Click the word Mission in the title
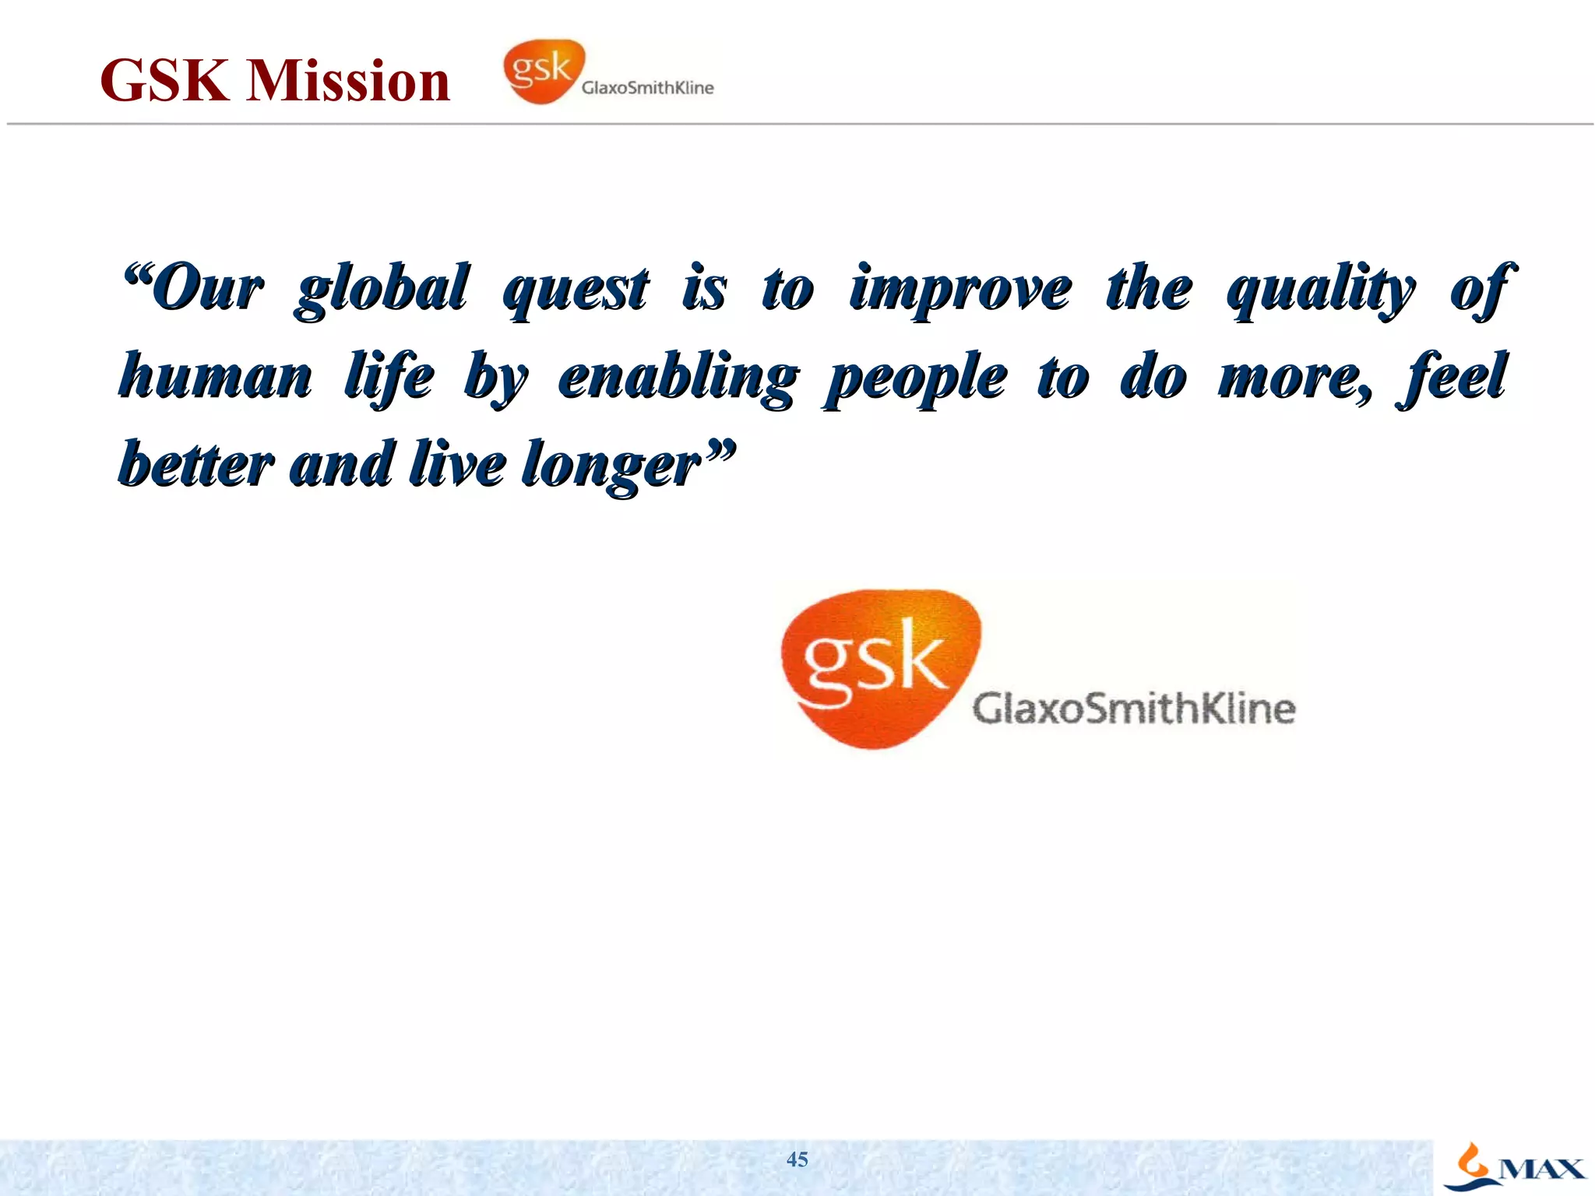(x=348, y=80)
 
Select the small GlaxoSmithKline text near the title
(x=647, y=88)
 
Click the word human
(x=216, y=377)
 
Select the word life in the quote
(x=389, y=377)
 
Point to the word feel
(x=1453, y=377)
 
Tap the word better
(x=196, y=464)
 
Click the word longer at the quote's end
(x=615, y=466)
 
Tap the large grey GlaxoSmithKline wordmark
(x=1134, y=709)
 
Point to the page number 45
(x=797, y=1159)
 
